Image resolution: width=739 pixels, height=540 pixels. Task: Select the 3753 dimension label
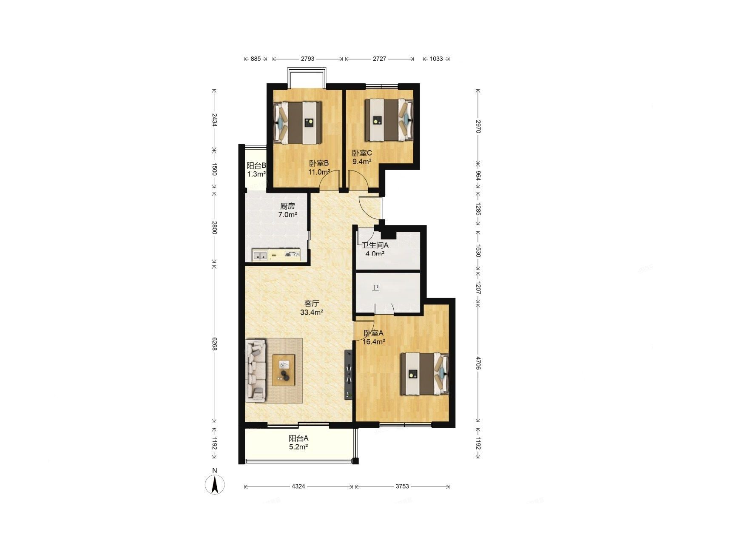click(x=401, y=486)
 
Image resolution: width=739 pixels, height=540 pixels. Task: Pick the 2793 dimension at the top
click(x=307, y=59)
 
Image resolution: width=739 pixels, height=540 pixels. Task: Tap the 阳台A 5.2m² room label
click(x=298, y=442)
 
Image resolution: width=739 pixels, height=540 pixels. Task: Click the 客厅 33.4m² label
click(x=312, y=308)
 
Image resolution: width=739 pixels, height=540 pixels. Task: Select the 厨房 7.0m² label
click(x=287, y=210)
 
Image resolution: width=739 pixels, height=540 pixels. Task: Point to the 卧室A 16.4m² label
click(x=374, y=337)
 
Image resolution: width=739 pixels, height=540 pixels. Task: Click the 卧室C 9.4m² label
click(x=362, y=157)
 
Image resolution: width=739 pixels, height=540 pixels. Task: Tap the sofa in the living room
click(x=256, y=370)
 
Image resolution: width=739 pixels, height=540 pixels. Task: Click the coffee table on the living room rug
click(x=284, y=370)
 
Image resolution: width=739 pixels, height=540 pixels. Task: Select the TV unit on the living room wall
click(x=349, y=375)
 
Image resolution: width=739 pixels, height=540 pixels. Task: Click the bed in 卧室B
click(x=297, y=122)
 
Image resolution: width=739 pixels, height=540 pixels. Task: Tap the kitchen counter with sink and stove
click(x=277, y=255)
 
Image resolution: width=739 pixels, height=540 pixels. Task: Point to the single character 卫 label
click(x=375, y=288)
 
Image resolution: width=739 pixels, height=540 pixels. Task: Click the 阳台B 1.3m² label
click(x=256, y=169)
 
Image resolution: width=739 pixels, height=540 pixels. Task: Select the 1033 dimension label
click(x=436, y=59)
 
